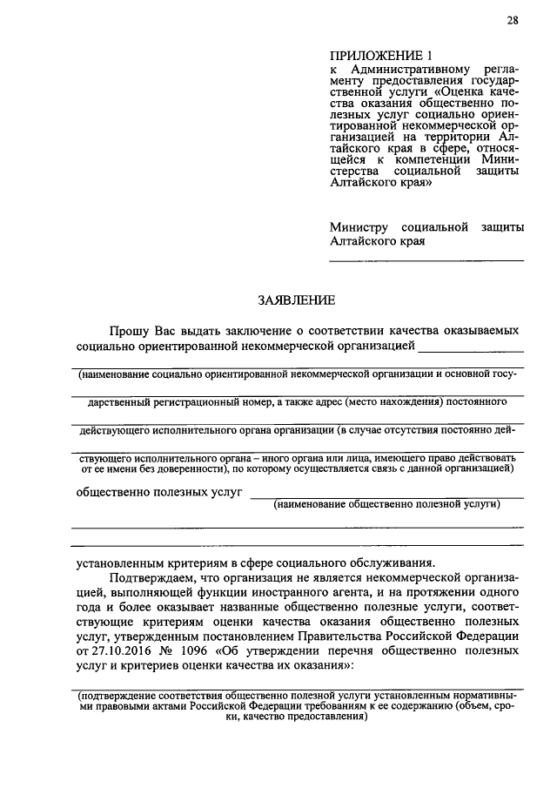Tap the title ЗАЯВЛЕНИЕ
(296, 300)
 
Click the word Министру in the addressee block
(364, 226)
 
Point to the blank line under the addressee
(426, 260)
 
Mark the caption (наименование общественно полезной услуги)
(386, 504)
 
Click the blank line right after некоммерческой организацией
(471, 349)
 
